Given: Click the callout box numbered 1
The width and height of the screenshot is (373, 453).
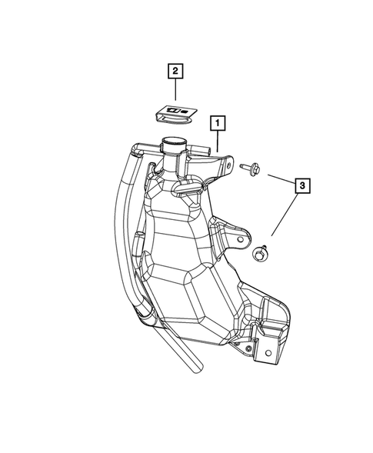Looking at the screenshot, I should (219, 122).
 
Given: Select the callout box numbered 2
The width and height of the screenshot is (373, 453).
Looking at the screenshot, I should (176, 72).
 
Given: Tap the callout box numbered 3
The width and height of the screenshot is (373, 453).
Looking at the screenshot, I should (303, 185).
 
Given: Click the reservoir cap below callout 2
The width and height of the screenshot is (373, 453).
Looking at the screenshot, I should (176, 115).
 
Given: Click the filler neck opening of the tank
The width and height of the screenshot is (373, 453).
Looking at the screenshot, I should (173, 143).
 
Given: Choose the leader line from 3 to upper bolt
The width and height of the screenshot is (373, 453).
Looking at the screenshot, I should (280, 178).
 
